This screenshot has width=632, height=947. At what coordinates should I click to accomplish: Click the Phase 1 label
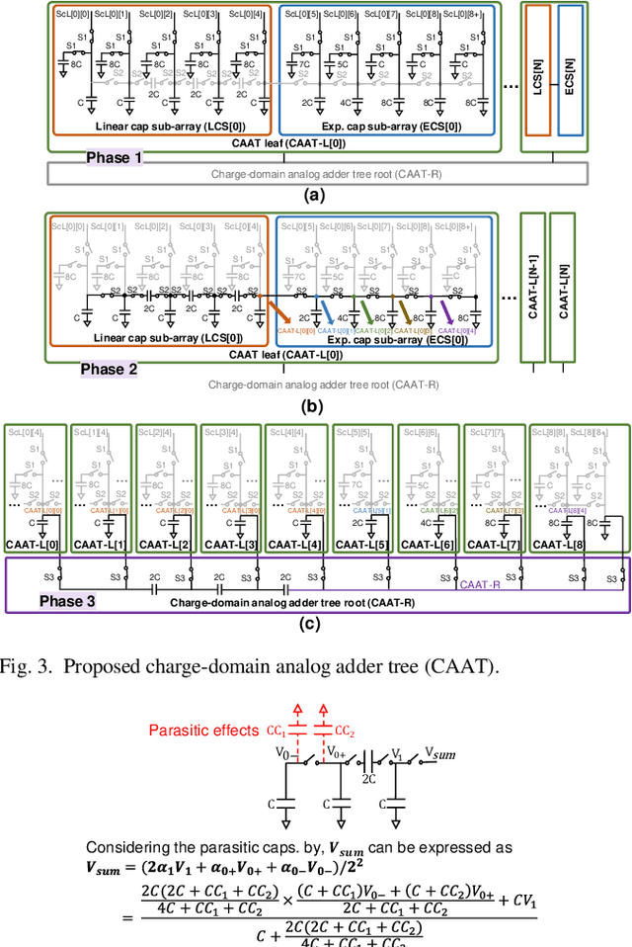(113, 157)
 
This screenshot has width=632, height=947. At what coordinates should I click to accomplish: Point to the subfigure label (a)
(316, 196)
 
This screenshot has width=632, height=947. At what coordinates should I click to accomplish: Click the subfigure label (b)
(316, 405)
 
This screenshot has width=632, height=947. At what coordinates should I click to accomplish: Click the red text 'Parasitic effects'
(203, 731)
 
